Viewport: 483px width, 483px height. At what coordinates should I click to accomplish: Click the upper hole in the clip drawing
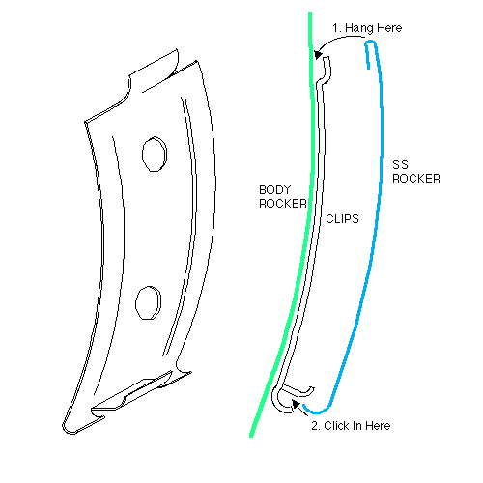tap(155, 154)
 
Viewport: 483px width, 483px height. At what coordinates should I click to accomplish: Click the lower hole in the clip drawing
tap(148, 302)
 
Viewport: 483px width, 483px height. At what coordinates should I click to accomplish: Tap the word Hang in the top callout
tap(359, 28)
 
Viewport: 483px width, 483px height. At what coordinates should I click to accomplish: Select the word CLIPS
tap(342, 219)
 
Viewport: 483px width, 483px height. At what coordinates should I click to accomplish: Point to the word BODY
tap(275, 190)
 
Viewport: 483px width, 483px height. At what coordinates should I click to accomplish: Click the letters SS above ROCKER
tap(400, 165)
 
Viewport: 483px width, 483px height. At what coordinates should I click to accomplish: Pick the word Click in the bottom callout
tap(337, 426)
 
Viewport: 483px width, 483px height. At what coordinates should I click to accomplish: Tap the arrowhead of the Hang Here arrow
tap(318, 54)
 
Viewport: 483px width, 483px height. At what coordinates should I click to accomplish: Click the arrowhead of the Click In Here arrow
tap(296, 404)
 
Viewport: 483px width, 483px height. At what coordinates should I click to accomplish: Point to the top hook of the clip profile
tap(326, 70)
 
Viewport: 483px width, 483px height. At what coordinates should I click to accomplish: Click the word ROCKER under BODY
tap(283, 204)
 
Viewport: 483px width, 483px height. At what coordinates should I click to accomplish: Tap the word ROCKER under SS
tap(416, 179)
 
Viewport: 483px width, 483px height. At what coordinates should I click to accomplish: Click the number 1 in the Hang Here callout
tap(336, 28)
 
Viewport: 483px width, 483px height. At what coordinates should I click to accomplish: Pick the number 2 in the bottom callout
tap(316, 426)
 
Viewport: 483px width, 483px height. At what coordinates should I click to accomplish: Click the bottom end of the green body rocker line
tap(251, 436)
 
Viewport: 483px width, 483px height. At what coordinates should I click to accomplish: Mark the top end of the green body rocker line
tap(310, 14)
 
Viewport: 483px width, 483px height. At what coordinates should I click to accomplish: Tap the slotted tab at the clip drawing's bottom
tap(132, 393)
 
